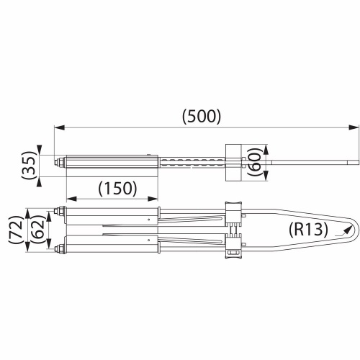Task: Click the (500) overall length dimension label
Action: coord(201,117)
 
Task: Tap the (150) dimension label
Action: coord(117,188)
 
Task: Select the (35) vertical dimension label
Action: coord(30,166)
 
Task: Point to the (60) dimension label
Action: coord(255,161)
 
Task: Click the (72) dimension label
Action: coord(17,230)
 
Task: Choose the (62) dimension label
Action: coord(38,230)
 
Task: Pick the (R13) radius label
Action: coord(308,230)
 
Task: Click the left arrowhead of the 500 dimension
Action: coord(60,127)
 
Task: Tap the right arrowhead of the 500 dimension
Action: coord(354,127)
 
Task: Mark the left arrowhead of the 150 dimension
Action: coord(71,199)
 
